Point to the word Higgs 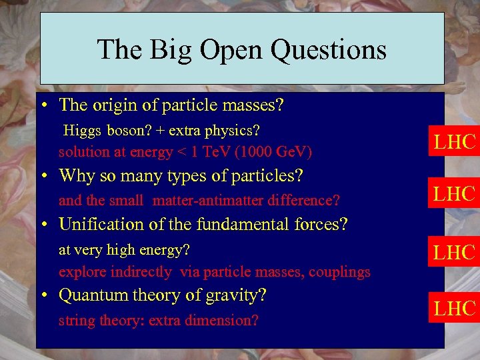coord(80,129)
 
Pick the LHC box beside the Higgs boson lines coord(455,141)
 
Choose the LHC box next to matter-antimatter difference coord(455,193)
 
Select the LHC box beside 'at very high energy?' coord(455,252)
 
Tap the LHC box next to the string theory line coord(455,308)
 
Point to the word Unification coord(99,225)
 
